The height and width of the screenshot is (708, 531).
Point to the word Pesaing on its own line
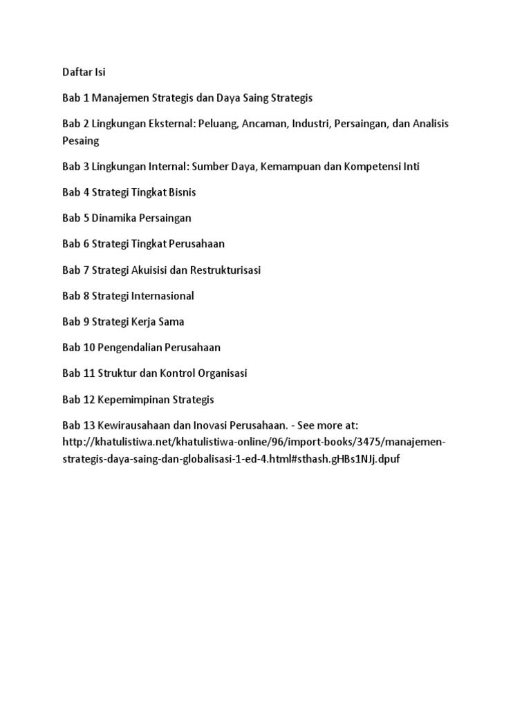[81, 141]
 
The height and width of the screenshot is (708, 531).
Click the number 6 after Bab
[86, 244]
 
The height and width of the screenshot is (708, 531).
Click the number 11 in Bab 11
[88, 373]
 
